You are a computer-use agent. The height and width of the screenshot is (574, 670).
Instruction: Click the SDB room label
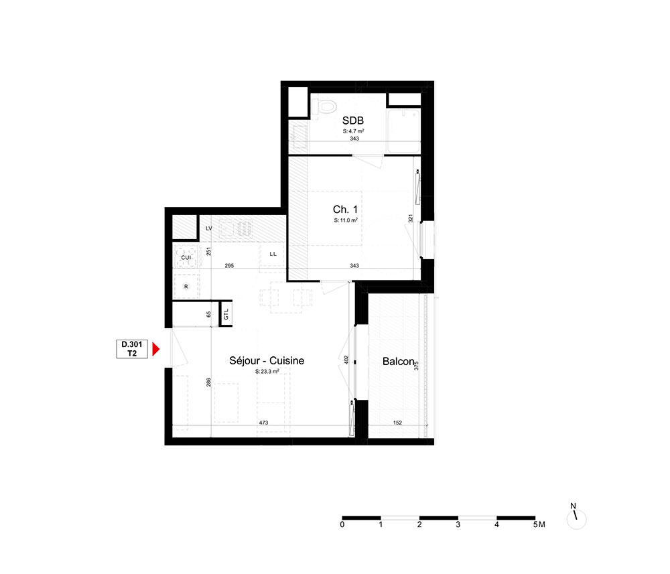(353, 121)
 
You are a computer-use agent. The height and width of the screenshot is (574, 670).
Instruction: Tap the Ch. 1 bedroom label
(345, 209)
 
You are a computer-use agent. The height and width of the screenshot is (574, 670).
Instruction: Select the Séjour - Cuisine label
(267, 360)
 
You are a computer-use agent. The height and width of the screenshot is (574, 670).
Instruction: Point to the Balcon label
(398, 361)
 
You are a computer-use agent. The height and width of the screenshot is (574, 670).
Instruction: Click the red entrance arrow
(156, 350)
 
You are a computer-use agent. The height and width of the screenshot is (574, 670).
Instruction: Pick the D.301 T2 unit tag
(132, 349)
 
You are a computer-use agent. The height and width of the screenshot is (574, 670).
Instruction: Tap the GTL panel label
(226, 315)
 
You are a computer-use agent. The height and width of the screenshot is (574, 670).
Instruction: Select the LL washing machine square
(273, 254)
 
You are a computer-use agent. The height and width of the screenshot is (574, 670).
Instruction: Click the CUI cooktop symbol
(186, 257)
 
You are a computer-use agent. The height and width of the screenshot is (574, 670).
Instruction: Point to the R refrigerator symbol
(186, 286)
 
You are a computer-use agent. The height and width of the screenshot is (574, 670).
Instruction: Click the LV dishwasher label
(209, 228)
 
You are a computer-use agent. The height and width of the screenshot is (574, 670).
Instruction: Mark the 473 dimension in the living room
(263, 423)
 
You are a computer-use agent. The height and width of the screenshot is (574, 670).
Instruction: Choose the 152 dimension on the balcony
(397, 423)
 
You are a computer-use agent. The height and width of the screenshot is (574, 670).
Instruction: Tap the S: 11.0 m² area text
(346, 220)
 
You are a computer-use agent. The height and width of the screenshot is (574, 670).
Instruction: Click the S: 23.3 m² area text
(267, 372)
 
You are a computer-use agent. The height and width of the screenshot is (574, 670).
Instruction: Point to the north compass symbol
(576, 516)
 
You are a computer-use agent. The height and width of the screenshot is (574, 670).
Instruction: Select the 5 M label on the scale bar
(539, 524)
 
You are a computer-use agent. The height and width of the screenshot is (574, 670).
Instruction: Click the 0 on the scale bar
(342, 524)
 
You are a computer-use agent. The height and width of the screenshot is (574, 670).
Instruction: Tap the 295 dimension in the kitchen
(229, 266)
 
